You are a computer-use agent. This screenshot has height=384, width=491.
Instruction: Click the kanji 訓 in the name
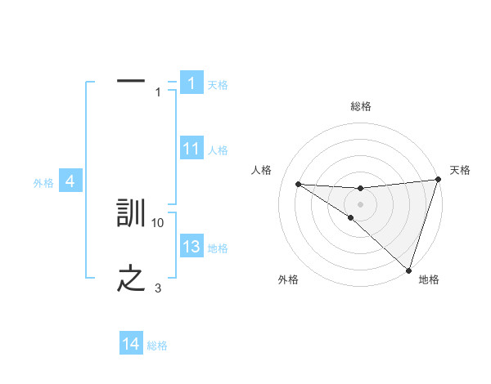[132, 214]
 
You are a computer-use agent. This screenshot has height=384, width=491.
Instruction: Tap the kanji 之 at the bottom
[132, 279]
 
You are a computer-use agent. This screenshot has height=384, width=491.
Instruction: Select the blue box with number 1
[191, 83]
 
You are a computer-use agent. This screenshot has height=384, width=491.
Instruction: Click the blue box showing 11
[191, 149]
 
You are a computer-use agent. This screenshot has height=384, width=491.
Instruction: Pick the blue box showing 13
[191, 247]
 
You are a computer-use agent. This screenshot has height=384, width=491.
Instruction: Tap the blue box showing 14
[131, 345]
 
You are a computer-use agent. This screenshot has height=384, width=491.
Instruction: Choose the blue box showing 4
[70, 181]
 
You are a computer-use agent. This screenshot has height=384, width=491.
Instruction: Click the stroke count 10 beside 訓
[158, 222]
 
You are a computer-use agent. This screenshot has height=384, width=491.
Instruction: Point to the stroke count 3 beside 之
[158, 288]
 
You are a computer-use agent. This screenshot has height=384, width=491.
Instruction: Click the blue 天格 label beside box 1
[218, 85]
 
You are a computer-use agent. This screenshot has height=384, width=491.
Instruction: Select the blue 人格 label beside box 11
[218, 150]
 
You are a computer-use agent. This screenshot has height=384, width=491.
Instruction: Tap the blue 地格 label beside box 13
[218, 248]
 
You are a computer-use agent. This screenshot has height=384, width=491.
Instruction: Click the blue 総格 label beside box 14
[157, 346]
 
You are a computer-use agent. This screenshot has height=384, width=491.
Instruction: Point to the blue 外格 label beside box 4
[43, 184]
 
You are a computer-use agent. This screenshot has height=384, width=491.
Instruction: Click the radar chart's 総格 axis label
[360, 106]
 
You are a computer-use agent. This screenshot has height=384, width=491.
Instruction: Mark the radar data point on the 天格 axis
[438, 180]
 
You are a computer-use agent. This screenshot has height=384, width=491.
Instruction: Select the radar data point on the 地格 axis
[408, 270]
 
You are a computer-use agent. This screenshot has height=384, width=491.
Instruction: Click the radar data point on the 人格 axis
[298, 184]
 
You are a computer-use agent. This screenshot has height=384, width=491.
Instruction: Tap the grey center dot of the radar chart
[360, 203]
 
